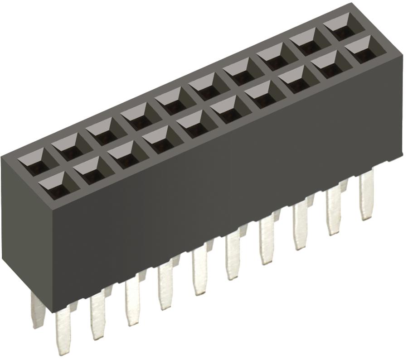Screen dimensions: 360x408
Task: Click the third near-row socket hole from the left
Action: pos(122,158)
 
